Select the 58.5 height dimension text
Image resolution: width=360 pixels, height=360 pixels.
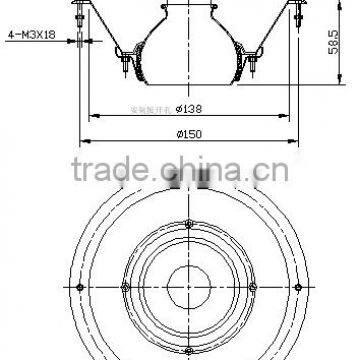coord(330,46)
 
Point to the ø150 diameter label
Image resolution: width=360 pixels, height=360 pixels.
coord(191,132)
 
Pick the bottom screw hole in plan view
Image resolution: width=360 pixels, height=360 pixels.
coord(190,349)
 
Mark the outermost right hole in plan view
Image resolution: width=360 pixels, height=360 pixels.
coord(301,286)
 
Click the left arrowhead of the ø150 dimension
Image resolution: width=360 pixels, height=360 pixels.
coord(82,140)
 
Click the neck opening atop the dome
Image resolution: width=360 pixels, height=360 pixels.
coord(190,5)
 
